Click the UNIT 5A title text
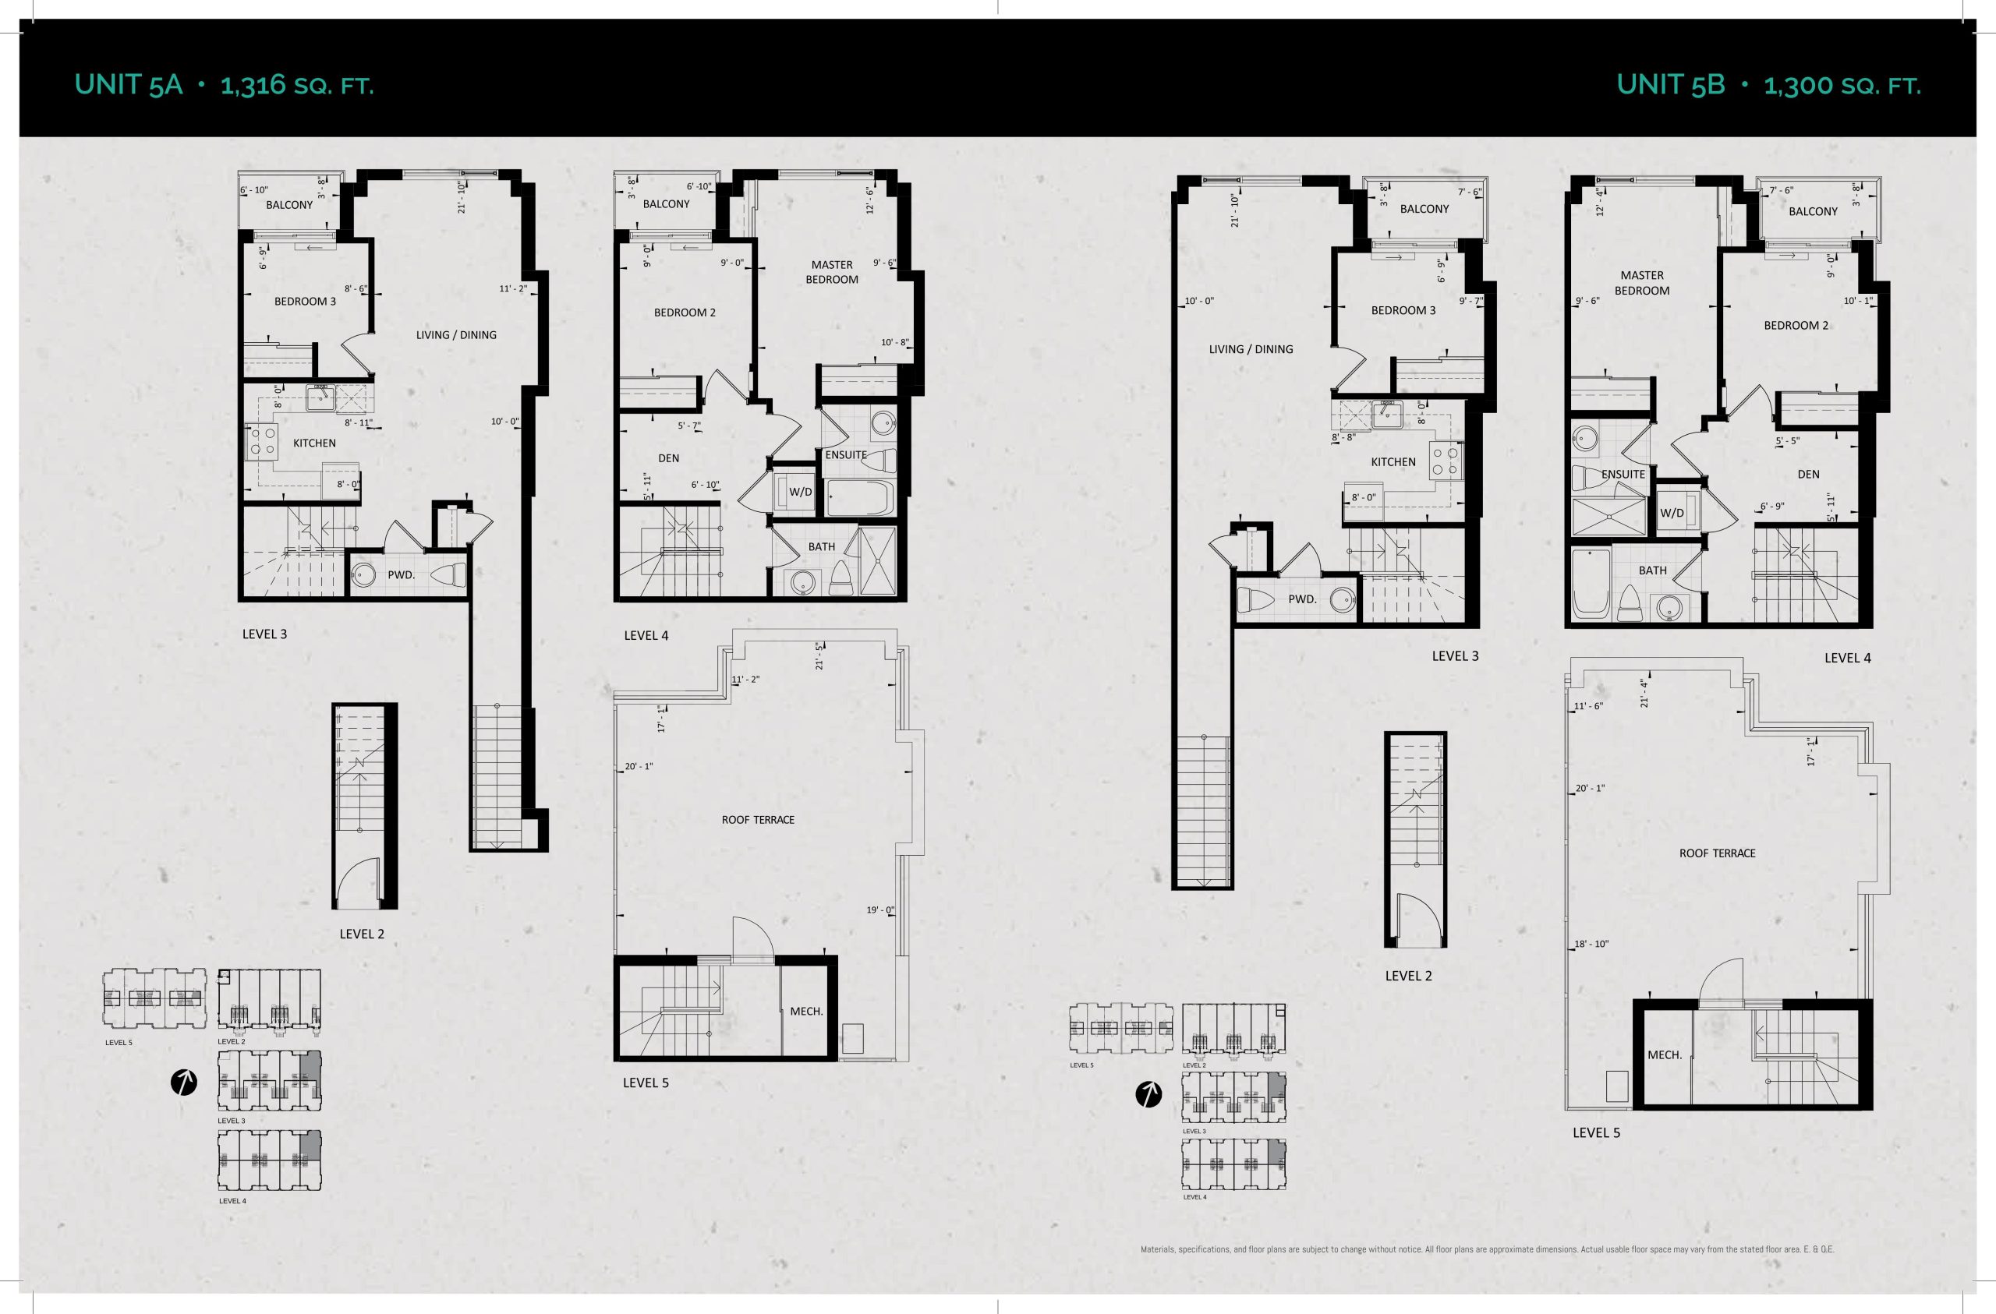[129, 85]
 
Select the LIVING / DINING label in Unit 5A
[456, 334]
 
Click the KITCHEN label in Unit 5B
[1393, 462]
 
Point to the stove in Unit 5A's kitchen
[262, 442]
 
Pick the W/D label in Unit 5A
[800, 493]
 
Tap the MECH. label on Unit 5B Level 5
[1665, 1055]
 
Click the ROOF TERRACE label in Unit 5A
[758, 819]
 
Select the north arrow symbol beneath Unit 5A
[184, 1083]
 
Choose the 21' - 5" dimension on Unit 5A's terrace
[819, 655]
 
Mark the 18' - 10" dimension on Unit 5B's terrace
[1591, 945]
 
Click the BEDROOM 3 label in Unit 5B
[1403, 310]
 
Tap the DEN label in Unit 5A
[668, 457]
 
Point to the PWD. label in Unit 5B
[1302, 599]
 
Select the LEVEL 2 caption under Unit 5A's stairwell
[362, 934]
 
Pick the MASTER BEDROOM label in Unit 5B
[1642, 283]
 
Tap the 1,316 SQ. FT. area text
[297, 86]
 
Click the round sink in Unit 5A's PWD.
[363, 575]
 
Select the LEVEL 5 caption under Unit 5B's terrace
[1596, 1133]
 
